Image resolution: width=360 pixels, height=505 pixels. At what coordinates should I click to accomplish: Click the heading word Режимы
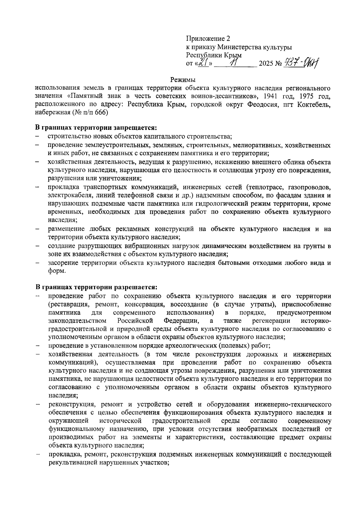coord(183,80)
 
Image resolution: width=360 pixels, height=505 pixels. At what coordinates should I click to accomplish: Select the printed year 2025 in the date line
coord(265,64)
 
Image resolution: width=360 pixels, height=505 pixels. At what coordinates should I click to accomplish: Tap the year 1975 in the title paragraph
coord(303,97)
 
